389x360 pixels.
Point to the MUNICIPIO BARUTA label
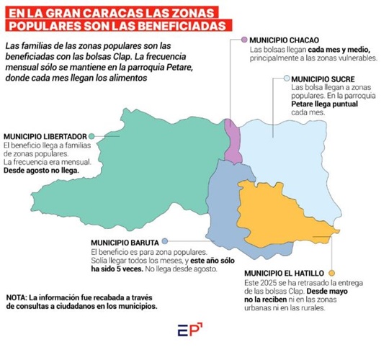coord(125,240)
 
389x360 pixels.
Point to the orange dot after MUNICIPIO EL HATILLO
coord(331,274)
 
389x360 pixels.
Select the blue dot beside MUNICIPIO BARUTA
coord(166,240)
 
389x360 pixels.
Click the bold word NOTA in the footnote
coord(16,297)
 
